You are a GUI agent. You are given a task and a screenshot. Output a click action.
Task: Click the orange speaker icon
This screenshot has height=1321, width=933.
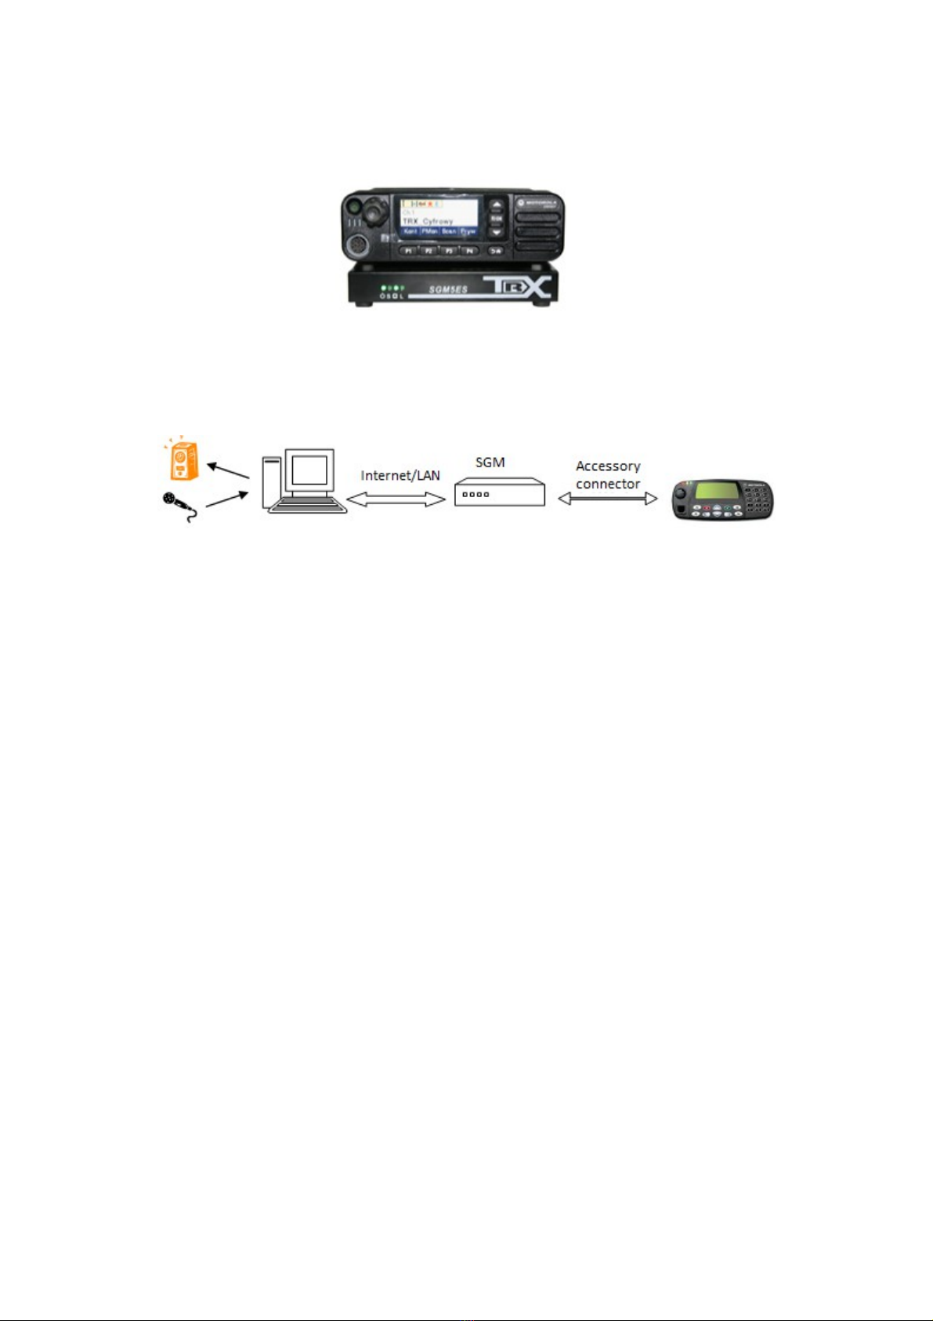coord(183,460)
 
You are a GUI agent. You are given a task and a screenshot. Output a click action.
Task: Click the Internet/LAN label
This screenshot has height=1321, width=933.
coord(400,475)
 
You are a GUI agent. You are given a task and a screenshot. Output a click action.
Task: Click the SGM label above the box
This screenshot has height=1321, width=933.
coord(490,463)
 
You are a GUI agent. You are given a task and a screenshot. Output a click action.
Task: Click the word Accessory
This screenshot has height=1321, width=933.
coord(608,466)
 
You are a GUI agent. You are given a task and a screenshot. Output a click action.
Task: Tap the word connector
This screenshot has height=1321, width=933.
coord(608,484)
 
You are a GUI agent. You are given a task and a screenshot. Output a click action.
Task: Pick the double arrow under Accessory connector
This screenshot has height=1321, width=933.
coord(607,499)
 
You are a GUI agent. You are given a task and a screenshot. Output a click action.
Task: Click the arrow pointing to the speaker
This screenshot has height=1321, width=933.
coord(228,470)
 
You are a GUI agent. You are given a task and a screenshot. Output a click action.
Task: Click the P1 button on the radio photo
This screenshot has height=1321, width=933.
coord(407,251)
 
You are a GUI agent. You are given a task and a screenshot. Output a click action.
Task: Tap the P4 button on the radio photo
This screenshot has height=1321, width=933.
coord(469,251)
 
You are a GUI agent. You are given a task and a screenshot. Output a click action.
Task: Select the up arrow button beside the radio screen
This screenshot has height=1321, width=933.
coord(496,205)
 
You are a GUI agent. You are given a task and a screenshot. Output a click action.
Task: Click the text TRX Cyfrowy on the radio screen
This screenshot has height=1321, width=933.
coord(428,221)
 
